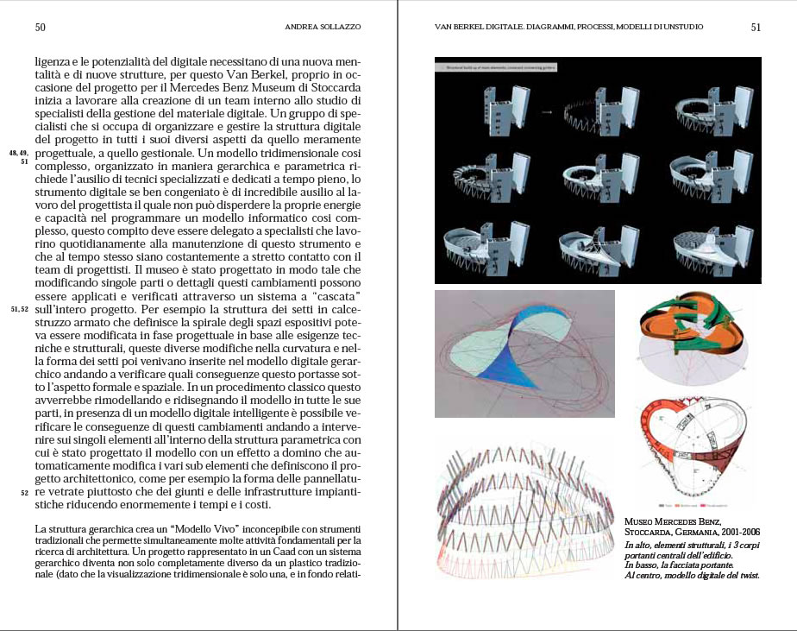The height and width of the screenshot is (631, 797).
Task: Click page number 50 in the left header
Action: coord(41,27)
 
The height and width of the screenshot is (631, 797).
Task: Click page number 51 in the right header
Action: coord(756,27)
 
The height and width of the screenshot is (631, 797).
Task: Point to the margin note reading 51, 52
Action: coord(19,309)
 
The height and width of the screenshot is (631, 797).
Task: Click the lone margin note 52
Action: coord(24,493)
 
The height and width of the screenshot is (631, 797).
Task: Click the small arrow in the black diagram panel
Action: coord(545,111)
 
